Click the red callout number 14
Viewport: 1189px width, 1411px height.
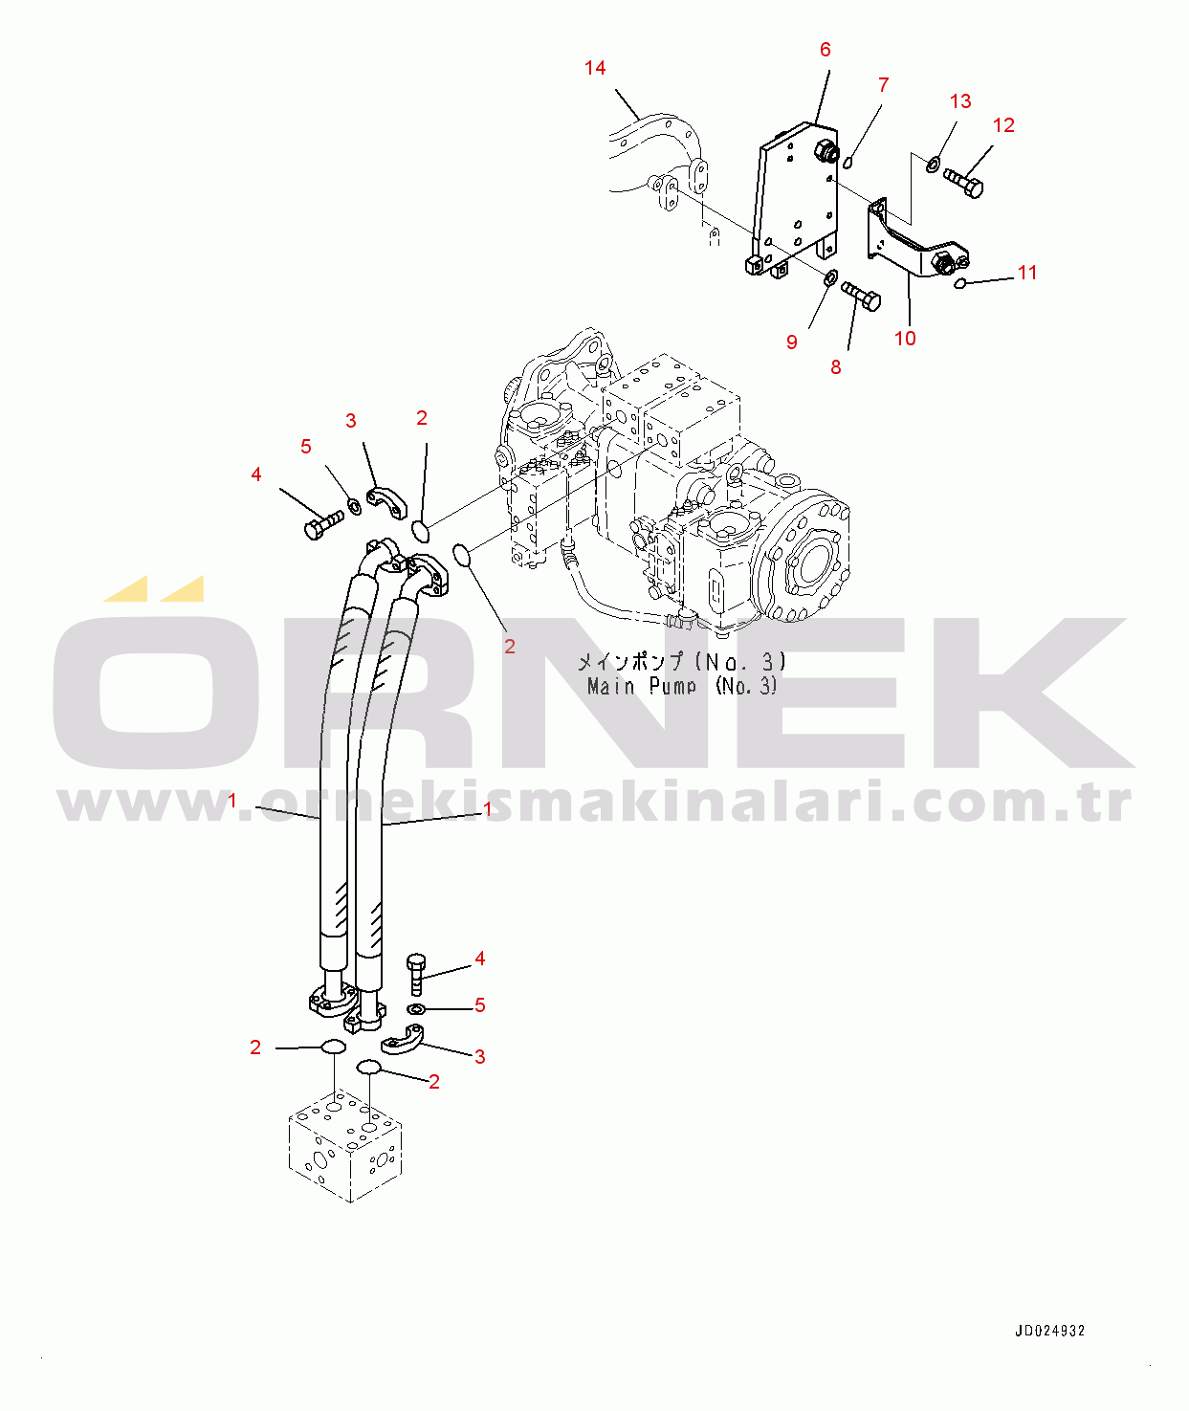pos(595,68)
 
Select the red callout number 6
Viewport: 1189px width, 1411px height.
pos(825,50)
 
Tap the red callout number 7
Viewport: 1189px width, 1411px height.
pos(883,85)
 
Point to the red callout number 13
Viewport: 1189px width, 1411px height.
pos(959,101)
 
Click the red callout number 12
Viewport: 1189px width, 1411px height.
pos(1003,125)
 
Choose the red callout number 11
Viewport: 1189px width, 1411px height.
pos(1026,273)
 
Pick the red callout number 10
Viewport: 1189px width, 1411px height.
pos(904,338)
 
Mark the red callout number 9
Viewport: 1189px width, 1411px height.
pos(791,342)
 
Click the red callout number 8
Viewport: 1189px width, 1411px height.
pos(835,367)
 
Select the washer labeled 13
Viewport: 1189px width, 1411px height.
pos(932,163)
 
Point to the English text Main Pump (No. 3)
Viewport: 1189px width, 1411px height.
pos(682,687)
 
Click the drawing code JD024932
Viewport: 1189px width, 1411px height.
pos(1049,1331)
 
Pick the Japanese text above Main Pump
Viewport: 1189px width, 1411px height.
pos(681,661)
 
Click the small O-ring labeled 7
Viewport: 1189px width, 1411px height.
pos(849,162)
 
